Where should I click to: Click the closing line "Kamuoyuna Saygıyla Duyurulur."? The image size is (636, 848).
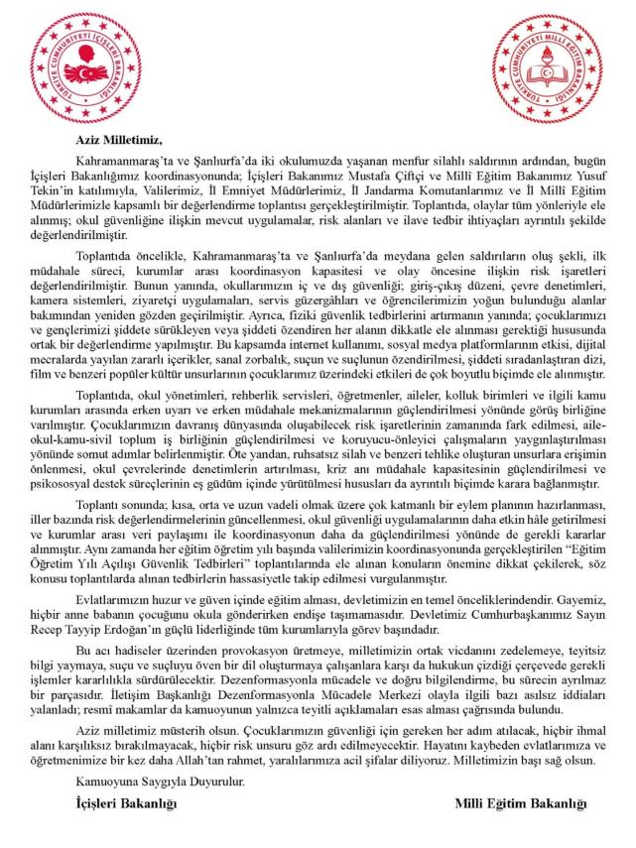point(159,783)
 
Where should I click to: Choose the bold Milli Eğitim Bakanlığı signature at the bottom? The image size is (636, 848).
point(521,802)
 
